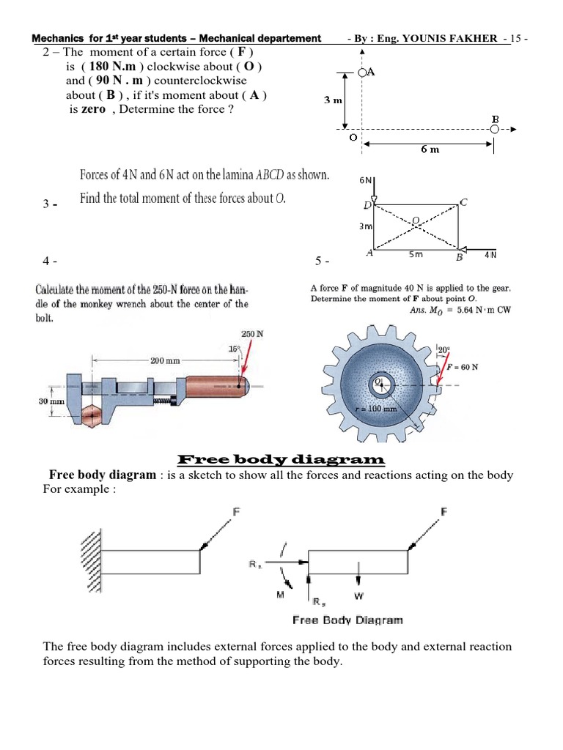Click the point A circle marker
(363, 73)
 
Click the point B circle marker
(495, 129)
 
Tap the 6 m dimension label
(430, 149)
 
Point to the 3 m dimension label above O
(334, 100)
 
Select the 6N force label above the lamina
(364, 180)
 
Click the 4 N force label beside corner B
(490, 256)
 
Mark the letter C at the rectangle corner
(463, 202)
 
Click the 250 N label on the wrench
(252, 334)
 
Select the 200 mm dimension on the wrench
(166, 360)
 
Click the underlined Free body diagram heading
(281, 460)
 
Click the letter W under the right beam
(358, 595)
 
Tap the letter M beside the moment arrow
(281, 595)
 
